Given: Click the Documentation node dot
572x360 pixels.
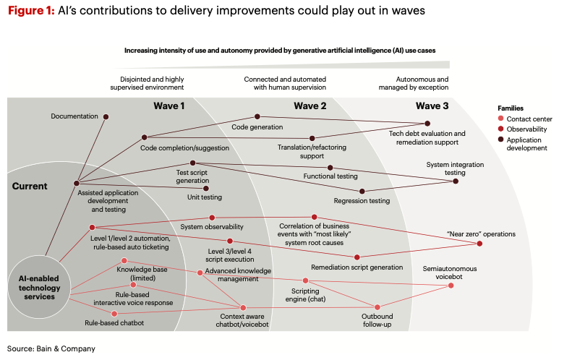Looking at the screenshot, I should click(106, 116).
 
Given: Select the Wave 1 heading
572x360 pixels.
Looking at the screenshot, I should click(169, 106).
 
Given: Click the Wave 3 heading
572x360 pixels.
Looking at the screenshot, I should click(432, 106).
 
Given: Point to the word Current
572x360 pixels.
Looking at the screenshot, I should click(30, 186).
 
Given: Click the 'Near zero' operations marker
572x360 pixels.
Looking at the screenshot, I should click(479, 244).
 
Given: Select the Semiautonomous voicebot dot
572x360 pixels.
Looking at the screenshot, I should click(451, 286).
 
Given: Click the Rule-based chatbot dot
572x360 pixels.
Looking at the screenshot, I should click(114, 313).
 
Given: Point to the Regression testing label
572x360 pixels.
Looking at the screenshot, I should click(362, 201).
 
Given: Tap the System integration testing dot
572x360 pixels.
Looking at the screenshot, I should click(456, 181).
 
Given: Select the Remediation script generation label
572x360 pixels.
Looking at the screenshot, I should click(357, 267).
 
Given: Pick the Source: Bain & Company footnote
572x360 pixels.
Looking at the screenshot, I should click(51, 348).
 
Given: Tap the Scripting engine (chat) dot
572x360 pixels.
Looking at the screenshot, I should click(305, 280).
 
